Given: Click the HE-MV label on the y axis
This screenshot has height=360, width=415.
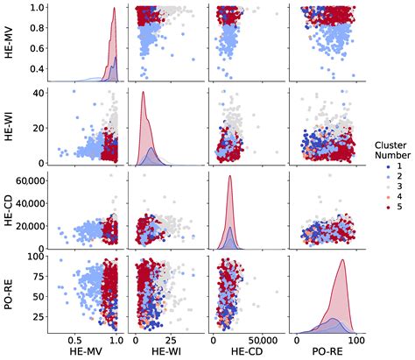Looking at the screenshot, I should [8, 41].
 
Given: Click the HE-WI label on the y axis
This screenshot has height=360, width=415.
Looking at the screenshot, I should [8, 126].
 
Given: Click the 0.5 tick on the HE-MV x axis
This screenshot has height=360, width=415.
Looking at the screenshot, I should [77, 338].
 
